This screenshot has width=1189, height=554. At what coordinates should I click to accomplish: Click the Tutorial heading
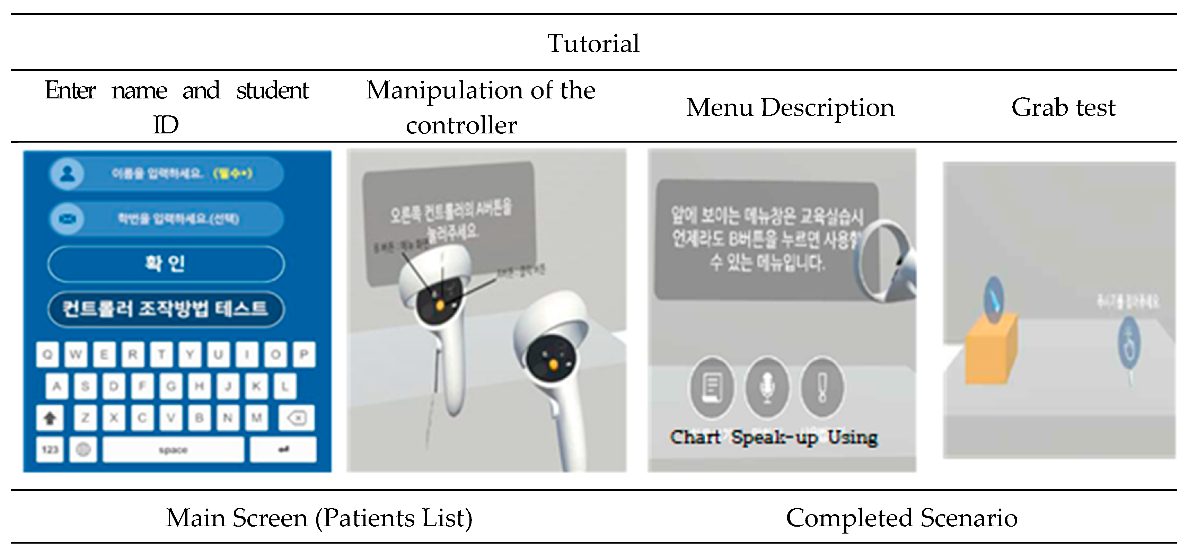[x=593, y=44]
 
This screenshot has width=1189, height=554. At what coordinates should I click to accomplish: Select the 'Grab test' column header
[x=1063, y=107]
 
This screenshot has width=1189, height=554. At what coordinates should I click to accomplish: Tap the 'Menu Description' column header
[x=790, y=107]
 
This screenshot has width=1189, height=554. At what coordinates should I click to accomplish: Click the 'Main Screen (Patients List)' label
[x=319, y=518]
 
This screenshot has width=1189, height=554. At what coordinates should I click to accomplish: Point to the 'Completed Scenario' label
[x=901, y=518]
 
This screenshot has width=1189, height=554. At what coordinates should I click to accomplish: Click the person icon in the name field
[x=68, y=174]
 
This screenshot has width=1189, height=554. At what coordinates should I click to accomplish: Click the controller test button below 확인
[x=166, y=309]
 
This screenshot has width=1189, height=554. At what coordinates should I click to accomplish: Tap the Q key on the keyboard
[x=47, y=354]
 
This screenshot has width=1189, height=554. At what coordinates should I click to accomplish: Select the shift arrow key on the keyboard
[x=50, y=418]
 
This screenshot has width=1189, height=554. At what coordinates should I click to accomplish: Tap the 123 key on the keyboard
[x=50, y=449]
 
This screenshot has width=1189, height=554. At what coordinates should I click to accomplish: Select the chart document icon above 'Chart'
[x=712, y=387]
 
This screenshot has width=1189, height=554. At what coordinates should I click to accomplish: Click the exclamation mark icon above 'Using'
[x=822, y=387]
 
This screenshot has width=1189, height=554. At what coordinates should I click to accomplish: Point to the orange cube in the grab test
[x=991, y=350]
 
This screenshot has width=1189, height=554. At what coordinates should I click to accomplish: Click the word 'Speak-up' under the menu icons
[x=774, y=437]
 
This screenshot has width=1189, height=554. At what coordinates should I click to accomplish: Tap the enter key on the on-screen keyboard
[x=283, y=449]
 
